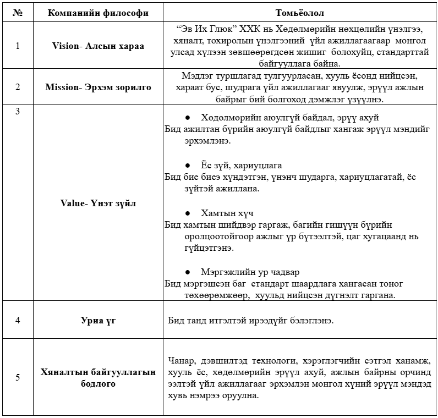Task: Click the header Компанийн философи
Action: point(98,12)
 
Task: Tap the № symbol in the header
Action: point(18,12)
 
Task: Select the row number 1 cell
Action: point(18,46)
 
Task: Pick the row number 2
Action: point(18,87)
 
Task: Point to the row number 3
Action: point(18,111)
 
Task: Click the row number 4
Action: point(18,320)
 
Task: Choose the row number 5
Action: point(18,377)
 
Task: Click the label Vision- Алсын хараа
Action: point(98,46)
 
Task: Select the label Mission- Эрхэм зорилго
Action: point(98,87)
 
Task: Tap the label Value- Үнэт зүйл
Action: point(98,203)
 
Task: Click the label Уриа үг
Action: point(98,320)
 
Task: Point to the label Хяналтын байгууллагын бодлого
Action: point(98,377)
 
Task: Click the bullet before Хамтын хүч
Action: point(188,213)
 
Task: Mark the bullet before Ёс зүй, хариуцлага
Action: point(188,165)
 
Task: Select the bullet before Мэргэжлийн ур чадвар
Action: point(188,272)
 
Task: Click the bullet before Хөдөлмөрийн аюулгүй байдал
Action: point(188,118)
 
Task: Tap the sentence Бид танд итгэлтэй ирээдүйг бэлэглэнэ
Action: point(250,320)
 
